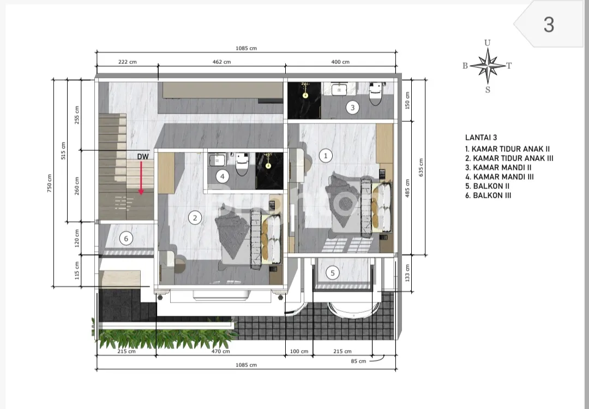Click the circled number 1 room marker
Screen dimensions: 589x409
pos(326,156)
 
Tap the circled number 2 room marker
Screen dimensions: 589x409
pos(195,217)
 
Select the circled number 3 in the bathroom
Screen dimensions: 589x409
pos(352,108)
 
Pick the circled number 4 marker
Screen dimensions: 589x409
pos(223,176)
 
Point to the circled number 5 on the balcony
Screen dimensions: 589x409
pos(333,273)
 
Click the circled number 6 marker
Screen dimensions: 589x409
pos(126,238)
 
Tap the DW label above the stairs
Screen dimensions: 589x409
pos(143,157)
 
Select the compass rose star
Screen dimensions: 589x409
pos(488,66)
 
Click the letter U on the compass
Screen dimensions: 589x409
pos(487,43)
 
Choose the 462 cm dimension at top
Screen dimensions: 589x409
pos(221,62)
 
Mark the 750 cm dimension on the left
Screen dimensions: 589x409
pos(50,183)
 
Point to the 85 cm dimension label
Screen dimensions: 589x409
pos(358,361)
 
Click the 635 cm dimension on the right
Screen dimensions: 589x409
pos(420,168)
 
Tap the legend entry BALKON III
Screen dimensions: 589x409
pos(488,195)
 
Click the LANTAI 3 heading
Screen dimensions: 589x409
pos(481,138)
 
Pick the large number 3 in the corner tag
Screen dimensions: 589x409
pos(549,25)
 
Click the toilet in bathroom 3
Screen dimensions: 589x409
pos(376,93)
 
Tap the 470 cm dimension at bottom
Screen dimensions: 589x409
pos(220,352)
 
